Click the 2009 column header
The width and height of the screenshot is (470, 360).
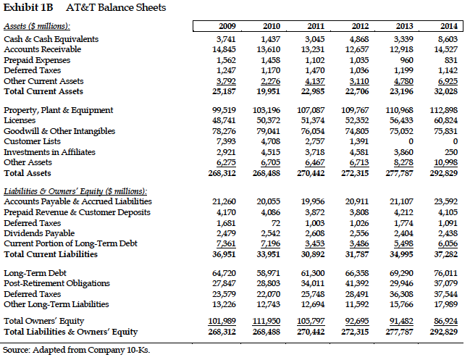pyautogui.click(x=227, y=27)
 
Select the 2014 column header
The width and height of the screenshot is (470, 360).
pyautogui.click(x=448, y=27)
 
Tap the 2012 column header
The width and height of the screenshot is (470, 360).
pyautogui.click(x=359, y=27)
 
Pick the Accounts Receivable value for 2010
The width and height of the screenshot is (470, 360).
pyautogui.click(x=269, y=49)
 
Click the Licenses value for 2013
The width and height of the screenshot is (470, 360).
pyautogui.click(x=403, y=120)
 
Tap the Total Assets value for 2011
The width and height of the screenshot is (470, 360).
pyautogui.click(x=313, y=174)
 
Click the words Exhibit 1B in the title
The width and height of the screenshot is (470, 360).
pyautogui.click(x=26, y=8)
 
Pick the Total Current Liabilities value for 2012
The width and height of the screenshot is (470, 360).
pyautogui.click(x=358, y=254)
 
